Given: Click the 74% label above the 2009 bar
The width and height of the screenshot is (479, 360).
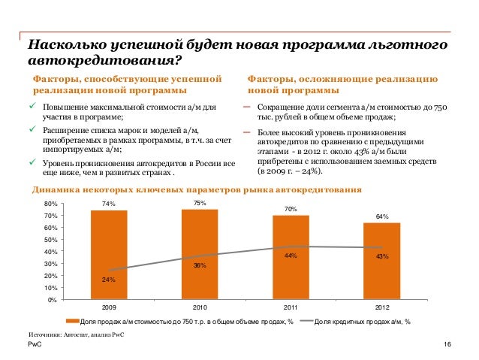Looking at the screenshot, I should tap(109, 204).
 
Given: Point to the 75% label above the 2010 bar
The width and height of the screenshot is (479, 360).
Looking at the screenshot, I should tap(200, 203).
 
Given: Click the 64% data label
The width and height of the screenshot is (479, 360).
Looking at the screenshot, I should tap(381, 216).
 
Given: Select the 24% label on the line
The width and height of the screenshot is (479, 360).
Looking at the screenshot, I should tap(109, 280).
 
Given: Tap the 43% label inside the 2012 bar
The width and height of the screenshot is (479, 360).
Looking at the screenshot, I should tap(381, 256).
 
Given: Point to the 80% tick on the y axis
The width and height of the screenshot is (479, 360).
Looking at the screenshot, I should tap(50, 204).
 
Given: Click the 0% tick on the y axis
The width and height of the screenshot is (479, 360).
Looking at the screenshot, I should tap(51, 300).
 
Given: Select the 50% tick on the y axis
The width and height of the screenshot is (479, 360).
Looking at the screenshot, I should tap(50, 240).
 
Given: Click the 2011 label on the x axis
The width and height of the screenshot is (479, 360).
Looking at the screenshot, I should tap(291, 308).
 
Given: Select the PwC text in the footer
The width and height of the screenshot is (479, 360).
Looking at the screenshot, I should tap(34, 343).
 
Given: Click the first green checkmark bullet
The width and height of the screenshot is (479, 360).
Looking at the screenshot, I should tap(32, 107).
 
